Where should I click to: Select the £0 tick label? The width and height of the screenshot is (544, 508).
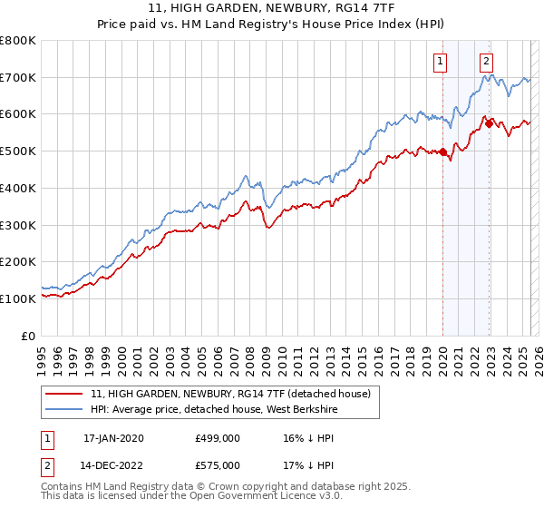pos(30,336)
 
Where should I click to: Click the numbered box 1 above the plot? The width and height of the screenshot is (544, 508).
pos(440,62)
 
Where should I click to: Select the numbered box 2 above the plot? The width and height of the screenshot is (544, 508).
pos(487,62)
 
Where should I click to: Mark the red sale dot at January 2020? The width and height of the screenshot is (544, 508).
pos(443,152)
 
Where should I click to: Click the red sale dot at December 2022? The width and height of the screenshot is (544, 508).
pos(490,124)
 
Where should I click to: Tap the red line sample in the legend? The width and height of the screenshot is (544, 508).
pos(64,395)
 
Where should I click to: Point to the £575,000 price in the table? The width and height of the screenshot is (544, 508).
pos(218,464)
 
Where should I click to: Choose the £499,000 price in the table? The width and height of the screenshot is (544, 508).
pos(218,438)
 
